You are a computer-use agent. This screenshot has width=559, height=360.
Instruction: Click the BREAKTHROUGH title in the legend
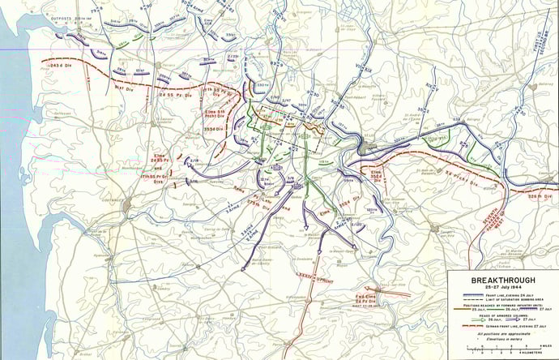[501, 280]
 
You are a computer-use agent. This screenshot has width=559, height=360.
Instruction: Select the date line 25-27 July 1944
[501, 288]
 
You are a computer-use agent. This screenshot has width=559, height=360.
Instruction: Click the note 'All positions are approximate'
[501, 335]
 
